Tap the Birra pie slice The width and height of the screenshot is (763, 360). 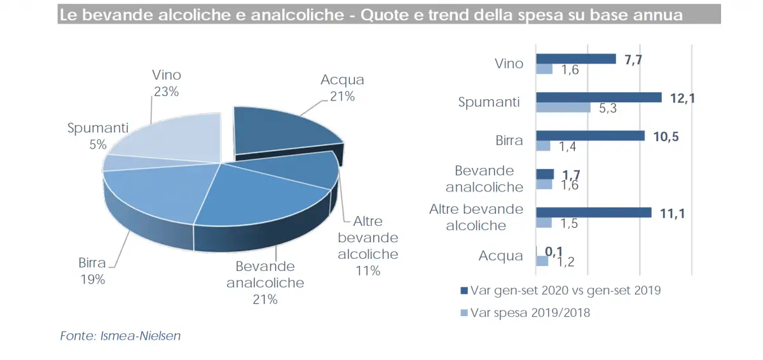point(153,191)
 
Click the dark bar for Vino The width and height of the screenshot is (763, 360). point(576,59)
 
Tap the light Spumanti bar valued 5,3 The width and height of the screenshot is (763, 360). point(563,107)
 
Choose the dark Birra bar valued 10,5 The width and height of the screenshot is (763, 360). point(591,135)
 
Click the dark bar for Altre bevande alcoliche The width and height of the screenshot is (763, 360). point(594,212)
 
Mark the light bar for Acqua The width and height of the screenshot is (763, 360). point(542,261)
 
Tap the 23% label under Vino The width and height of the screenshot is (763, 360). point(167,91)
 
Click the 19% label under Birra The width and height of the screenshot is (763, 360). point(92,279)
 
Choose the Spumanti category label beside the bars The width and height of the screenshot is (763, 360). point(489,102)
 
